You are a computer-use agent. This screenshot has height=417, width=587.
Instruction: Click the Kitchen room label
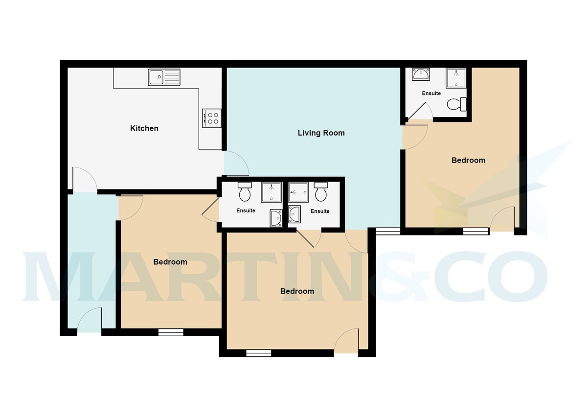tap(144, 128)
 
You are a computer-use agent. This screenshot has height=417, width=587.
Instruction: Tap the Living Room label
tap(321, 133)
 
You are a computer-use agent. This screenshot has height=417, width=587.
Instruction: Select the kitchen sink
tap(164, 77)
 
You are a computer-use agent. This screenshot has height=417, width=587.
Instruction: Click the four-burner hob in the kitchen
tap(211, 118)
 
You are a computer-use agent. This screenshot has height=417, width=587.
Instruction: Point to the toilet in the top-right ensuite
tap(457, 104)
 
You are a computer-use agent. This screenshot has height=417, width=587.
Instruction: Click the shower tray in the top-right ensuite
tap(456, 78)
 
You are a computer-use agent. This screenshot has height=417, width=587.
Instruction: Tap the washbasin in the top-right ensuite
tap(421, 74)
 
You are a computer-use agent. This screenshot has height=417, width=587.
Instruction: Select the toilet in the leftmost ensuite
tap(245, 192)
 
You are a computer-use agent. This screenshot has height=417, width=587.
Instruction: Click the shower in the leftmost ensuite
tap(271, 192)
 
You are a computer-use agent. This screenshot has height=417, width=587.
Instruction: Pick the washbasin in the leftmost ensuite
tap(276, 218)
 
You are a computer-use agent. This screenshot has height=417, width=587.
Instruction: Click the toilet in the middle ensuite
tap(321, 192)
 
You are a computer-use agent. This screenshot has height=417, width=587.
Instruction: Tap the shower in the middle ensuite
tap(298, 192)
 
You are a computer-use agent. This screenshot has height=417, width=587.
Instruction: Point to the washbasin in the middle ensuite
tap(294, 214)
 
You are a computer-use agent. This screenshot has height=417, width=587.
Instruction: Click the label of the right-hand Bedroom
tap(468, 160)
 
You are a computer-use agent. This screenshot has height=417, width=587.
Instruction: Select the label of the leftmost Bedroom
tap(170, 262)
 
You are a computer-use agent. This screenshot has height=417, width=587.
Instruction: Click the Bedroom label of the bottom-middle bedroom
tap(297, 291)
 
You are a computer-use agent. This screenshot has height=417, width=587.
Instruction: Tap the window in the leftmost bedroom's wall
tap(171, 332)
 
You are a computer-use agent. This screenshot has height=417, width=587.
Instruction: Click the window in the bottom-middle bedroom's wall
tap(259, 353)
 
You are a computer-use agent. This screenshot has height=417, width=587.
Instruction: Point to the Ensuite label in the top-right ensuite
tap(431, 93)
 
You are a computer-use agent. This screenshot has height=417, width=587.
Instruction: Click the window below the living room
tap(388, 231)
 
